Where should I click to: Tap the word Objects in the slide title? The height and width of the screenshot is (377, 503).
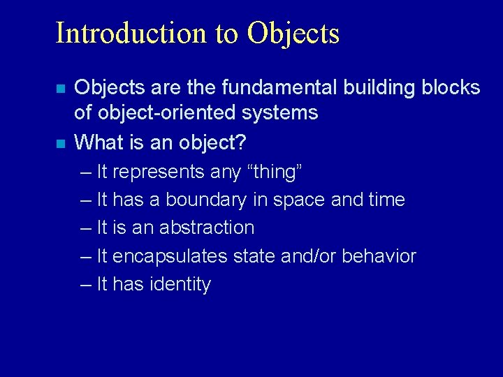point(293,33)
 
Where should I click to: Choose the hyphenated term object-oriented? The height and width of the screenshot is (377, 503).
point(171,113)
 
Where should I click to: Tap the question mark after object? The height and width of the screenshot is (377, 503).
point(240,142)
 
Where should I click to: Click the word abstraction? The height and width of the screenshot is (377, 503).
point(207,228)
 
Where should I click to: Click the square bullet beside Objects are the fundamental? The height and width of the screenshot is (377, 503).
point(61,89)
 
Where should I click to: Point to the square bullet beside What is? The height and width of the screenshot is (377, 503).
point(61,144)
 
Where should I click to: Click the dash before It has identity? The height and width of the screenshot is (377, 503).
point(85,285)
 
